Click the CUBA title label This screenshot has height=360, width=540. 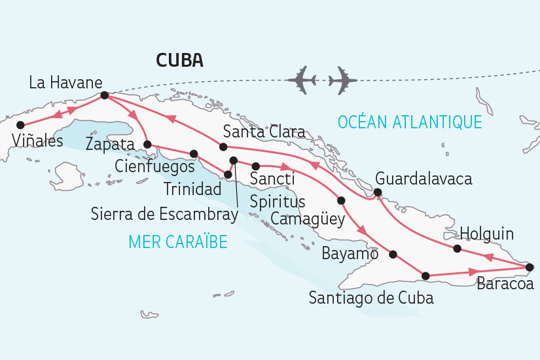[179, 61]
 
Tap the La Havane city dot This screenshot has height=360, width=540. [104, 96]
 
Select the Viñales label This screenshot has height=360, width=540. [37, 140]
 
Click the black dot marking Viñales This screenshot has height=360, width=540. [20, 124]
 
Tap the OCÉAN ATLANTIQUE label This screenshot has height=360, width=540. [410, 122]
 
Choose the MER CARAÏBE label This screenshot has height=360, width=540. [178, 242]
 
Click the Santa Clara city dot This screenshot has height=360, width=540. [223, 147]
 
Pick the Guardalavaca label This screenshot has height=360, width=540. [423, 179]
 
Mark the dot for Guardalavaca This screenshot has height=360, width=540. [378, 192]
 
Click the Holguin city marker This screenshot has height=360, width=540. [458, 248]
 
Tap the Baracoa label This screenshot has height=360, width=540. [505, 284]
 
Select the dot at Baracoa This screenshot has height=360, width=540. [530, 267]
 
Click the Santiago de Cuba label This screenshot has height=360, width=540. [371, 298]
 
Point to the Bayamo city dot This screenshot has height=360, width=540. [393, 254]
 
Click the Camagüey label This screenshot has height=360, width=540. [307, 219]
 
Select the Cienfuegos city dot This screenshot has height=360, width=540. [194, 154]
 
